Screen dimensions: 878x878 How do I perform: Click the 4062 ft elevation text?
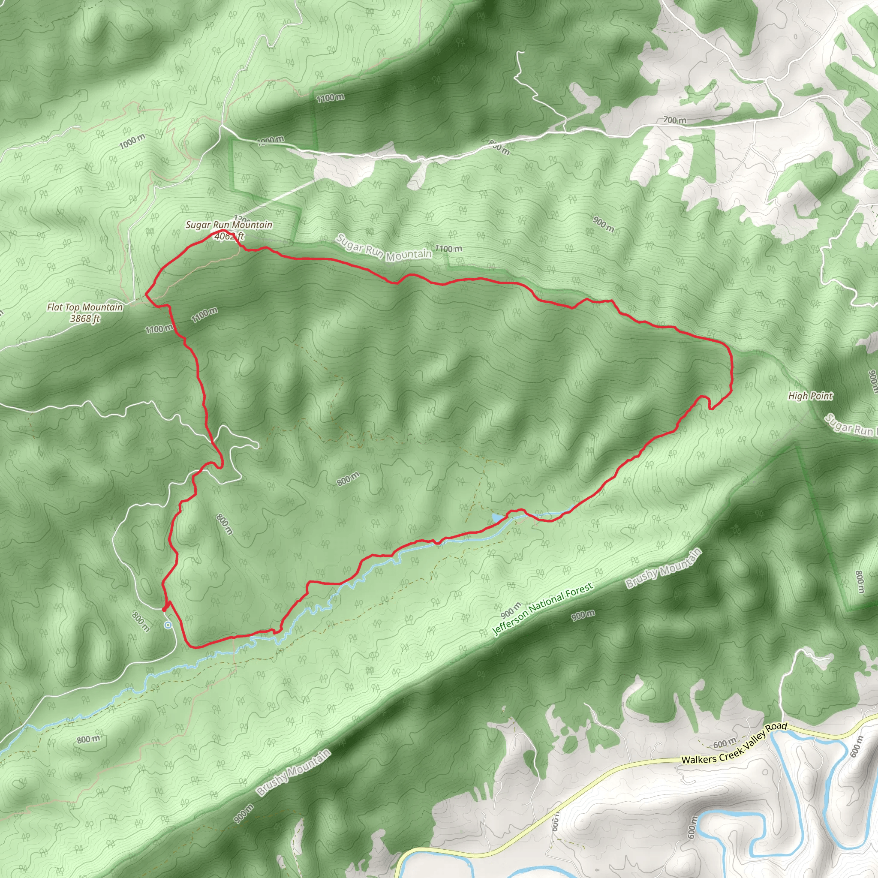click(x=229, y=236)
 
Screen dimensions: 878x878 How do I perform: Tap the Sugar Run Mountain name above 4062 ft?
click(x=229, y=225)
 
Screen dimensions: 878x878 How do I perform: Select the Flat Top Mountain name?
click(x=85, y=308)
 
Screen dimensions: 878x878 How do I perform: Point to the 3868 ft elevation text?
click(x=85, y=319)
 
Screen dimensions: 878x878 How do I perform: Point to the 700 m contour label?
click(x=674, y=120)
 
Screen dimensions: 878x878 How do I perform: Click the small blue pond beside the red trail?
click(x=498, y=517)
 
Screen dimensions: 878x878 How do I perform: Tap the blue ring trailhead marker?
click(x=168, y=625)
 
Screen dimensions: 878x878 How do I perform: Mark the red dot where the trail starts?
click(x=164, y=609)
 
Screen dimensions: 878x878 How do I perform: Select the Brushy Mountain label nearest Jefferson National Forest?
click(x=664, y=569)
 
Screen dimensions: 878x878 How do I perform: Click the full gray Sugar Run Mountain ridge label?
click(x=384, y=248)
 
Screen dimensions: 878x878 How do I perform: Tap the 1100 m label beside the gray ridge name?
click(x=448, y=249)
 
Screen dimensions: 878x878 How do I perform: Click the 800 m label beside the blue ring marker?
click(x=141, y=622)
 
